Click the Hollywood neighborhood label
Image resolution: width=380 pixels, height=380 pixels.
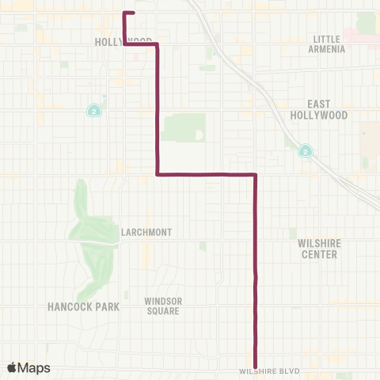pyautogui.click(x=123, y=40)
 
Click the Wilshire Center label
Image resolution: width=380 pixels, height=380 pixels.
pyautogui.click(x=319, y=249)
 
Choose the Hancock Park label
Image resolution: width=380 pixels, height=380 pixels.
pyautogui.click(x=83, y=306)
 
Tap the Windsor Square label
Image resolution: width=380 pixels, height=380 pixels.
pyautogui.click(x=161, y=306)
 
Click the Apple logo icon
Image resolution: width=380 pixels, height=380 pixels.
pyautogui.click(x=13, y=367)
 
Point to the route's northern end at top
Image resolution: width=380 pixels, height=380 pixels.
pyautogui.click(x=133, y=13)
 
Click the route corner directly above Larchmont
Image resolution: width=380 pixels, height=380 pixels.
pyautogui.click(x=158, y=173)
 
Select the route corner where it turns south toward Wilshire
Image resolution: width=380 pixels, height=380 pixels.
pyautogui.click(x=255, y=173)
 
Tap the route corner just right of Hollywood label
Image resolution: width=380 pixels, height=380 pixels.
pyautogui.click(x=158, y=44)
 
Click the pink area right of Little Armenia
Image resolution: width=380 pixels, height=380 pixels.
pyautogui.click(x=363, y=36)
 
